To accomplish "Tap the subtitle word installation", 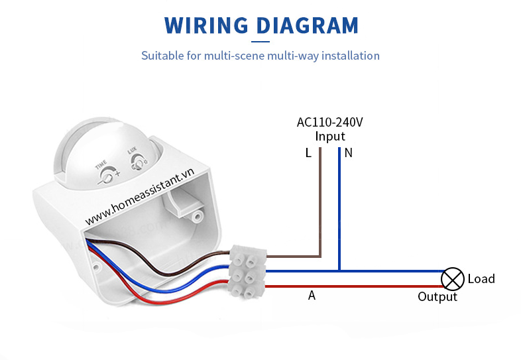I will [348, 56].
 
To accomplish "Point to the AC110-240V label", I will [329, 123].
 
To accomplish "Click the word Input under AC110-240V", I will [330, 137].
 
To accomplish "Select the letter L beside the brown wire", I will [308, 153].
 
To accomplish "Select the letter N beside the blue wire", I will [349, 153].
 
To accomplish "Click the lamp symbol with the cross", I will [453, 278].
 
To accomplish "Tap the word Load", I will [481, 279].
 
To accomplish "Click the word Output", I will [437, 297].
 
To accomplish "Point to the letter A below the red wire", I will [312, 296].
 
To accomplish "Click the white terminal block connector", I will [247, 270].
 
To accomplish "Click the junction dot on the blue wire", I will [339, 270].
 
